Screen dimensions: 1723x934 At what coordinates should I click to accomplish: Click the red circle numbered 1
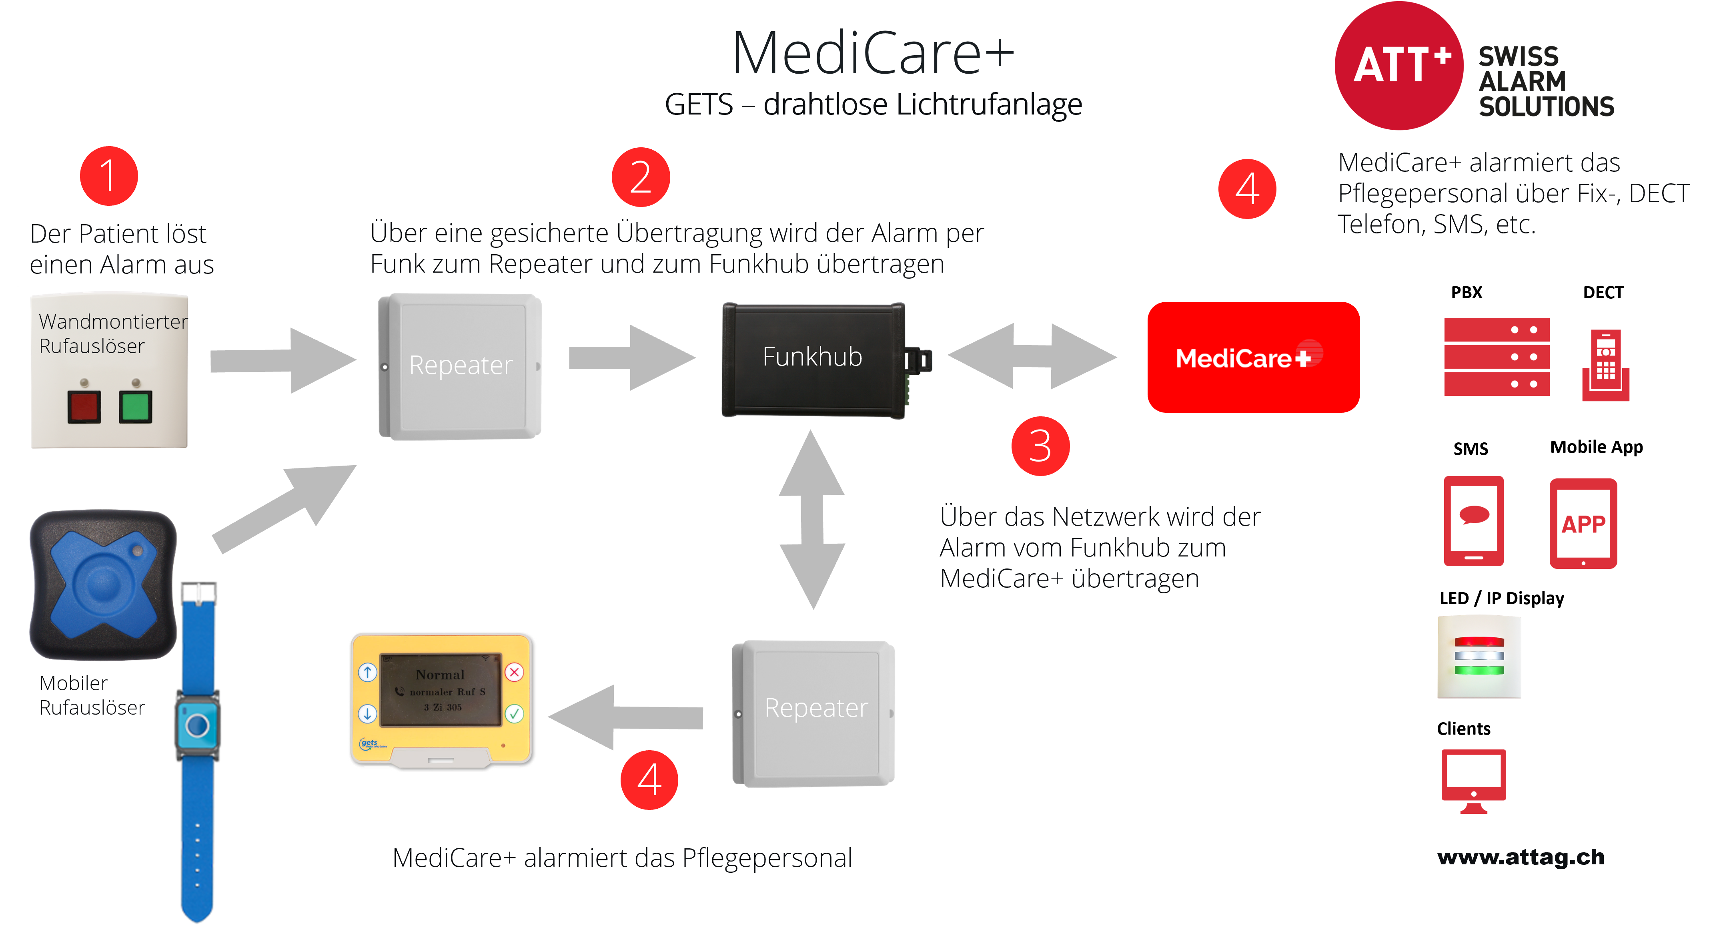(x=108, y=176)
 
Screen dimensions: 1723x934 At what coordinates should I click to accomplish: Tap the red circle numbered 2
(x=641, y=177)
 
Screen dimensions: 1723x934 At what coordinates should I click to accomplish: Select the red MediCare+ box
(x=1254, y=357)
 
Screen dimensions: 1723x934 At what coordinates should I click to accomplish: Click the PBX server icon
(x=1497, y=357)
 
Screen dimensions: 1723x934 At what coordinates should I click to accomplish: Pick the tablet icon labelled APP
(x=1583, y=523)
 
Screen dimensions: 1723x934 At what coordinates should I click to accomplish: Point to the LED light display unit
(x=1479, y=656)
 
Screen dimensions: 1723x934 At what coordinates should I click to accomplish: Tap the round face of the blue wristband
(x=197, y=725)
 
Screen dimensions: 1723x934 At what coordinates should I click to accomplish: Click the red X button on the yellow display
(x=514, y=672)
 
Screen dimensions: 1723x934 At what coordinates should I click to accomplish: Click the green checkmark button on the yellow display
(x=514, y=713)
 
